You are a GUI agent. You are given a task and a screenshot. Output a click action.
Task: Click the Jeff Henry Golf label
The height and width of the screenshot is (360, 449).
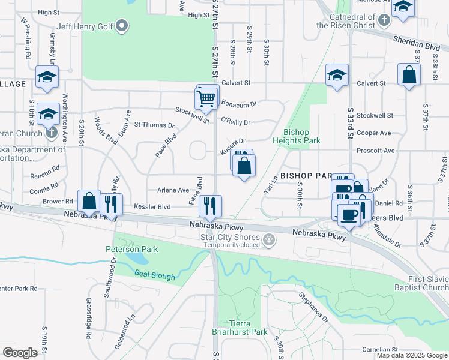(x=85, y=26)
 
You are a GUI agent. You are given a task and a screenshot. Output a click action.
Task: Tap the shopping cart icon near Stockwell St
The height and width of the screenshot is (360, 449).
(x=206, y=98)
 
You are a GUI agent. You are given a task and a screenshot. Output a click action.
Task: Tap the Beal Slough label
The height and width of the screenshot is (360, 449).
(x=155, y=275)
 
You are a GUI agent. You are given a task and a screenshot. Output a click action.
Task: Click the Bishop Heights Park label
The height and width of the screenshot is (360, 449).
(x=296, y=136)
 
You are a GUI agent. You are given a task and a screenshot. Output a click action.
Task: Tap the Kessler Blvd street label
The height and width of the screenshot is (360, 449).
(x=152, y=206)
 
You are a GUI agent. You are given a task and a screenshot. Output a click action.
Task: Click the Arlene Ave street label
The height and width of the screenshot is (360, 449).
(x=173, y=190)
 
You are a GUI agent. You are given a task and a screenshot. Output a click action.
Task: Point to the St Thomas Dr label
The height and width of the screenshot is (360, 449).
(x=154, y=125)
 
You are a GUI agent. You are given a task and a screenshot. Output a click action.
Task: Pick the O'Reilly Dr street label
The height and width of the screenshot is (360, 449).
(x=235, y=122)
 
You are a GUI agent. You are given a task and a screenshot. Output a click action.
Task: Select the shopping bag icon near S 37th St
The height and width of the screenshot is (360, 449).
(x=409, y=76)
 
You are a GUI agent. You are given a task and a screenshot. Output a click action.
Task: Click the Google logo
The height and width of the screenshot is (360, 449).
(x=20, y=352)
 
